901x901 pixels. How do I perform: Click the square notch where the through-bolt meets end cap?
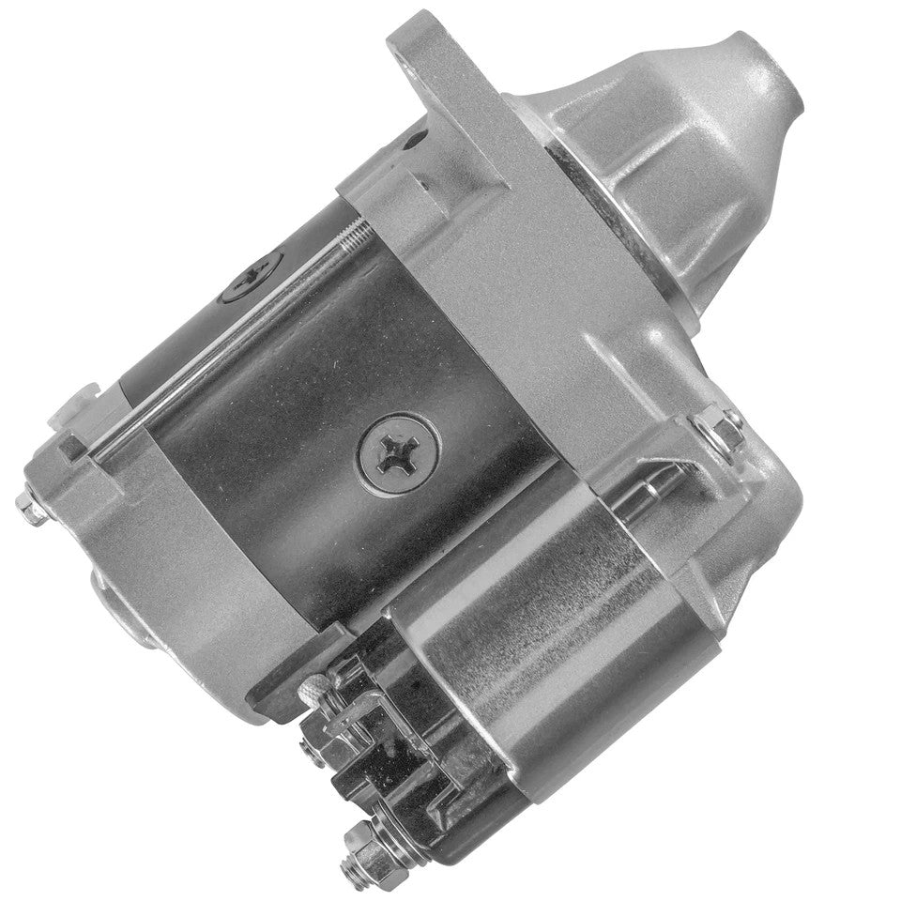click(x=75, y=449)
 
